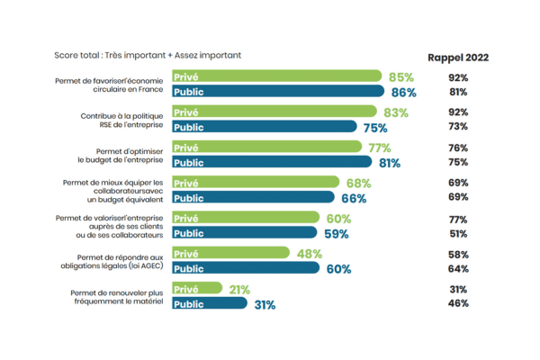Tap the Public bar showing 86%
pos(279,92)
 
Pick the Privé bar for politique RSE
pos(274,112)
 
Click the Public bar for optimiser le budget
pos(271,162)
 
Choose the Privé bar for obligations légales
pos(229,253)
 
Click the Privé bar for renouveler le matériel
pos(198,289)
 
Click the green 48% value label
pos(310,253)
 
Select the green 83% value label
pos(395,112)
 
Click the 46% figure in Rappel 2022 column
pos(458,303)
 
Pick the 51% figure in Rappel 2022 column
pos(458,232)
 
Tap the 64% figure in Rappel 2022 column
pos(458,268)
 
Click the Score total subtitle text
pos(147,56)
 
